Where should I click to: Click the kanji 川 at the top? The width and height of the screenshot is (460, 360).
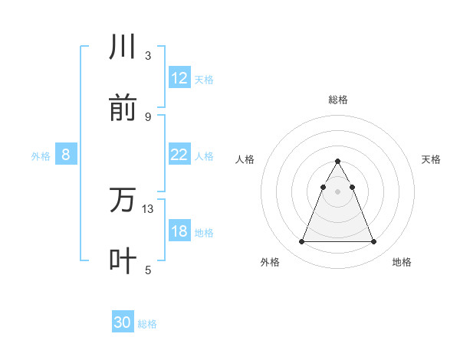[123, 47]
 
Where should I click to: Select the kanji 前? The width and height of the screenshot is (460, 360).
[123, 108]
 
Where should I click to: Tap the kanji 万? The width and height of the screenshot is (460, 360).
[123, 201]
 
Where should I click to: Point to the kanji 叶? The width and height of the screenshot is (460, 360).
[123, 261]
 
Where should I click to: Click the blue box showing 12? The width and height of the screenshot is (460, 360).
[179, 78]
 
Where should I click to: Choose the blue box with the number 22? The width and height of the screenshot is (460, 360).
[179, 155]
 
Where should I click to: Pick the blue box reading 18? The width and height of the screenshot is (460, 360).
[179, 231]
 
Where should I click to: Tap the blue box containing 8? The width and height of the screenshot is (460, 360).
[66, 155]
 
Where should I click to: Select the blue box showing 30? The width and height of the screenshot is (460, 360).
[123, 322]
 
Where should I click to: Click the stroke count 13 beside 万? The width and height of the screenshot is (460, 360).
[148, 208]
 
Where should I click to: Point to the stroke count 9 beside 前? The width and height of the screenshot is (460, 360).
[148, 116]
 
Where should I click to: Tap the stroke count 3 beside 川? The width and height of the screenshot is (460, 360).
[148, 56]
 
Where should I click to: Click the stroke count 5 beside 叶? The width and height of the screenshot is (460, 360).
[148, 270]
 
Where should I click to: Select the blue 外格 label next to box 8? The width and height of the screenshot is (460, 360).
[41, 155]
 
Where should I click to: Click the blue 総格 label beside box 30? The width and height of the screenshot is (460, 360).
[147, 324]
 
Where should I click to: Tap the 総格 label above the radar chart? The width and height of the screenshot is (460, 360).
[337, 100]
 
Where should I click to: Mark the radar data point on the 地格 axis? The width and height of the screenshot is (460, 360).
[373, 242]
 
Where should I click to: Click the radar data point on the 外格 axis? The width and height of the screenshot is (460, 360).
[301, 242]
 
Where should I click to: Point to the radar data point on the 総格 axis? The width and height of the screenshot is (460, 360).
[337, 161]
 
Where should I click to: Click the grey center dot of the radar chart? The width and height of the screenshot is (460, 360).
[337, 191]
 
